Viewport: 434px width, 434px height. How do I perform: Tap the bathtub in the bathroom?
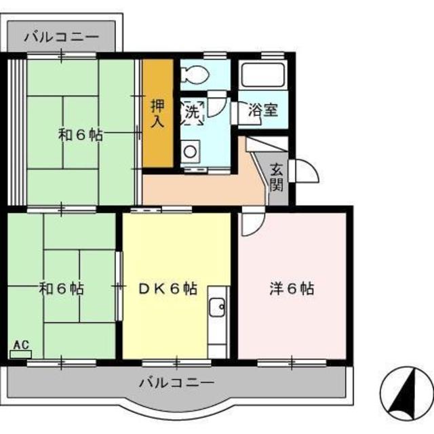pyautogui.click(x=263, y=75)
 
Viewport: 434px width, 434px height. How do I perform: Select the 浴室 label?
pyautogui.click(x=262, y=111)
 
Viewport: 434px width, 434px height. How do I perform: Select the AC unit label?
pyautogui.click(x=21, y=346)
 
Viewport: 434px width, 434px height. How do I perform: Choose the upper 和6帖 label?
pyautogui.click(x=80, y=134)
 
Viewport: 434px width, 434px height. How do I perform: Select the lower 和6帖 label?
pyautogui.click(x=62, y=289)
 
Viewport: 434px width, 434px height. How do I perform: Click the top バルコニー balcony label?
pyautogui.click(x=61, y=37)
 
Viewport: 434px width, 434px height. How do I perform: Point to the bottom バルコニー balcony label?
pyautogui.click(x=176, y=382)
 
